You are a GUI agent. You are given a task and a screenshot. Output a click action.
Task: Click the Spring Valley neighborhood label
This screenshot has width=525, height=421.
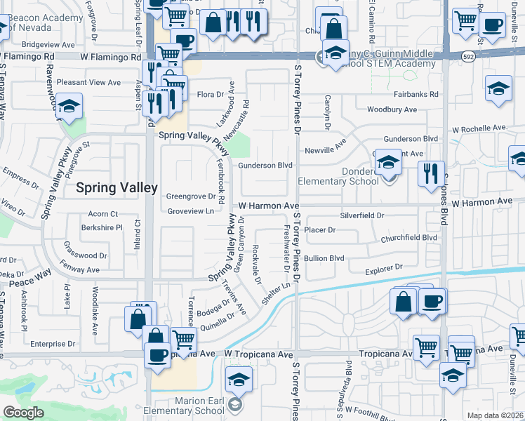coord(107,187)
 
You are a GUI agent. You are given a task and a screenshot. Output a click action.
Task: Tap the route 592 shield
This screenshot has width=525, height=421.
coord(467,55)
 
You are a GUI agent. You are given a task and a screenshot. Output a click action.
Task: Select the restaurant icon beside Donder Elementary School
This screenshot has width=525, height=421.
coord(430,173)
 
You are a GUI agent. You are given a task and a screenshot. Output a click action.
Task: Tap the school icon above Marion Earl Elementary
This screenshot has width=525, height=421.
coord(239,380)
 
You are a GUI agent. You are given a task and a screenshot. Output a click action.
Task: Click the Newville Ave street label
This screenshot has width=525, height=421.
coord(326,150)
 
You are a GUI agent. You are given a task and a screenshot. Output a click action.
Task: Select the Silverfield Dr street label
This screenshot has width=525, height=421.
coord(362,215)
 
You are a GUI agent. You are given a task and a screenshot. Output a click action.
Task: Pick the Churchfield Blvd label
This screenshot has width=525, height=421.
coord(408,238)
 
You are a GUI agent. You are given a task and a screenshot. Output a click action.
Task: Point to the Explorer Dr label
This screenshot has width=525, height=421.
coord(383,267)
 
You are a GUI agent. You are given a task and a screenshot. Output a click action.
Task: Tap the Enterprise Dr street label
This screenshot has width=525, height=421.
coord(52,344)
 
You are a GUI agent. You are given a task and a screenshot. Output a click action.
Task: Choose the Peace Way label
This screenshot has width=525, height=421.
coord(30,278)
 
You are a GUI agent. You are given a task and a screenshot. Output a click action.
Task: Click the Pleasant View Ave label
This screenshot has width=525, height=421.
coord(89,82)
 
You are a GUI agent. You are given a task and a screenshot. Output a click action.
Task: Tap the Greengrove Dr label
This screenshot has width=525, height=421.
coord(190,196)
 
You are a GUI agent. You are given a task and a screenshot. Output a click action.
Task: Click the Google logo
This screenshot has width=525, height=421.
coord(23,413)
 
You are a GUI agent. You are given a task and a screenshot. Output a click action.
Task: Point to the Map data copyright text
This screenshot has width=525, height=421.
coord(494,415)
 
